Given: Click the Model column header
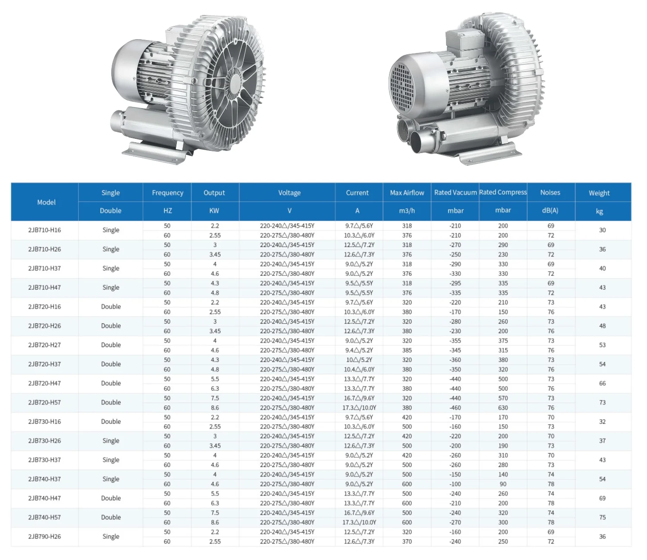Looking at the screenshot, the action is (x=46, y=203).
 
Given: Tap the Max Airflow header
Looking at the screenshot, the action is (x=407, y=193).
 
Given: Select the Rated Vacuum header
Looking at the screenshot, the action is (x=455, y=192).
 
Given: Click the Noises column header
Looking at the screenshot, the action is (x=550, y=192).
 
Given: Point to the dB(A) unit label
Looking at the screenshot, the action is (x=550, y=210).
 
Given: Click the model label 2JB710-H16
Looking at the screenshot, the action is (x=44, y=230).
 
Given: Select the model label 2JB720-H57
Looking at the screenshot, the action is (x=44, y=403).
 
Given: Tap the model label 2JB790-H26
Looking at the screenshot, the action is (x=44, y=537).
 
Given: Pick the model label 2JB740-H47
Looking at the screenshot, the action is (x=44, y=498).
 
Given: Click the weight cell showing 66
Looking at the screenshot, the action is (x=602, y=384).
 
